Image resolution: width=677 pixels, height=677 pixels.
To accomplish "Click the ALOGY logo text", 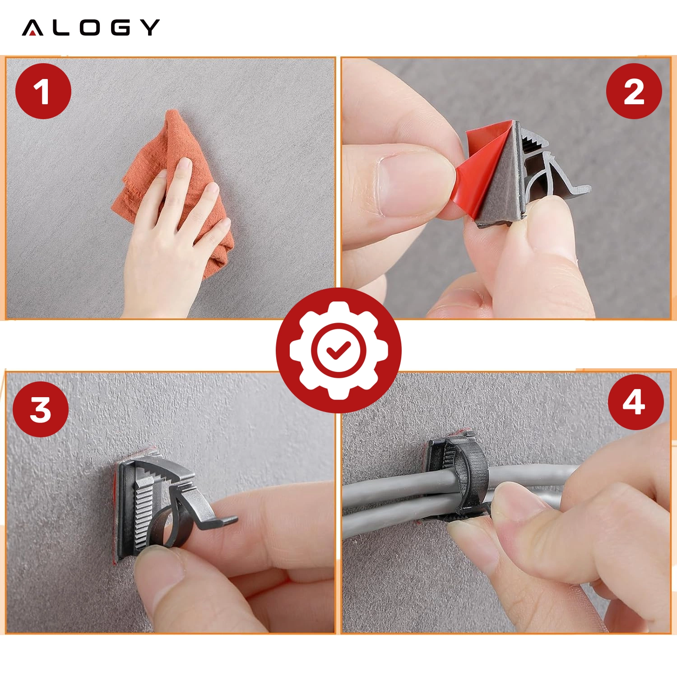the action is [x=91, y=28].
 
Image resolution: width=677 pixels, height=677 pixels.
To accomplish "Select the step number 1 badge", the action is [x=43, y=91].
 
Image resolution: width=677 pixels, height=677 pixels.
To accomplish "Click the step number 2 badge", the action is [x=634, y=91].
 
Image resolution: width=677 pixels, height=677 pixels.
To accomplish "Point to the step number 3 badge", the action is [x=41, y=409].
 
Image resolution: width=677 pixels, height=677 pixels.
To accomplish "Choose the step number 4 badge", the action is [x=635, y=402].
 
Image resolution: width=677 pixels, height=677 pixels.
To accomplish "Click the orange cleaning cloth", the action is [x=174, y=190].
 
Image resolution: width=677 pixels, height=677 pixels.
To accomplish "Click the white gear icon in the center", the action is [x=338, y=350].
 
